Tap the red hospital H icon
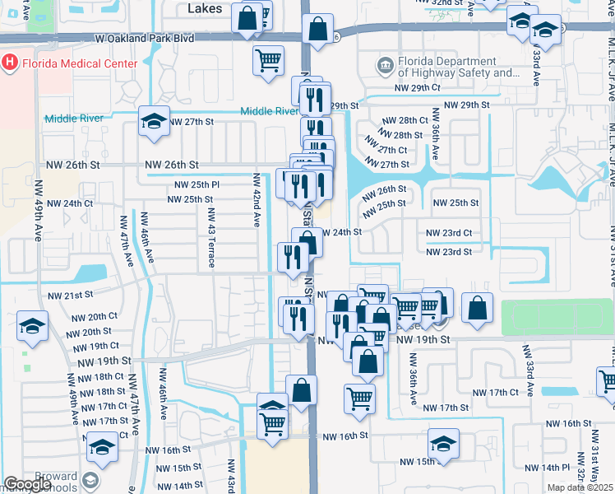[10, 62]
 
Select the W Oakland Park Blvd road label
[144, 38]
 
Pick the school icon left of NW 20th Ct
[31, 327]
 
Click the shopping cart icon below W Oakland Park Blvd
[269, 60]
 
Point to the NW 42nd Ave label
[257, 200]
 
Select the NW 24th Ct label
[70, 203]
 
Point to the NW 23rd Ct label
[448, 233]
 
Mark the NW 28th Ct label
[405, 120]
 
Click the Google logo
[28, 484]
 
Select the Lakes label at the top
[206, 8]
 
